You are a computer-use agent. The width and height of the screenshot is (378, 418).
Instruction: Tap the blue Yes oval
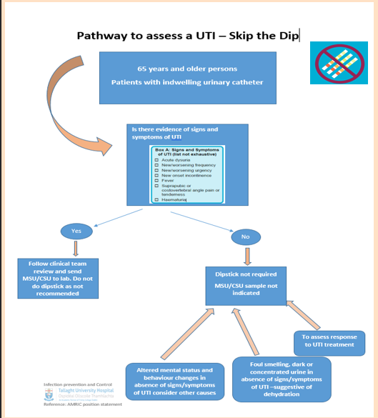(x=76, y=231)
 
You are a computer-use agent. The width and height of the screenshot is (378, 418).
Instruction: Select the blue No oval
(x=245, y=236)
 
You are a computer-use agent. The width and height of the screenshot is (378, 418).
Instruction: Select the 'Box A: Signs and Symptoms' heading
(x=187, y=151)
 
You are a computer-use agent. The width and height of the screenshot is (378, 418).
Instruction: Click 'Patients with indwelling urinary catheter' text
(x=186, y=82)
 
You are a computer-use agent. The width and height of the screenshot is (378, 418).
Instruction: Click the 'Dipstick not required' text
(x=245, y=274)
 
